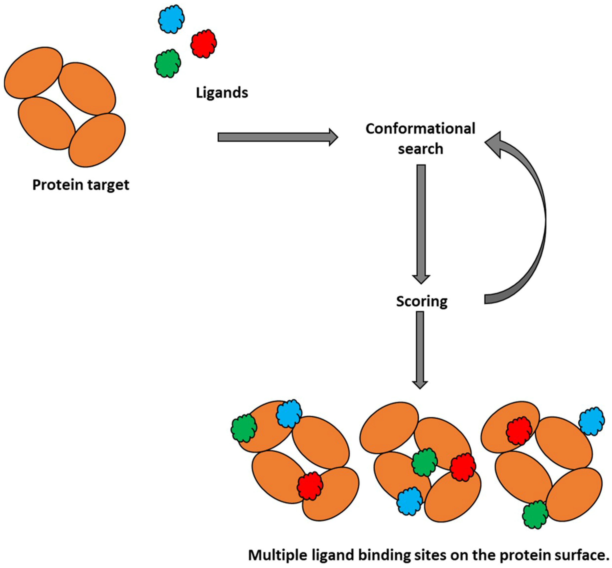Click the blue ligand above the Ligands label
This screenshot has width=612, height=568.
coord(171,19)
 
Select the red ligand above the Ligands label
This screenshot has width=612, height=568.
coord(203,44)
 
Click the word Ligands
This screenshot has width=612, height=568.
coord(222,92)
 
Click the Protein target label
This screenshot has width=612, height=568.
coord(81,185)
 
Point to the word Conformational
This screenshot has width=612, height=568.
coord(420,129)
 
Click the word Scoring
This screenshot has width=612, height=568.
coord(421,301)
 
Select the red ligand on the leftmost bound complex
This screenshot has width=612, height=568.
coord(310,486)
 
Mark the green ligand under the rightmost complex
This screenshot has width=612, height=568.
coord(535,514)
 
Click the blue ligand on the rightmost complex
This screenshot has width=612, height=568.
coord(591,421)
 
